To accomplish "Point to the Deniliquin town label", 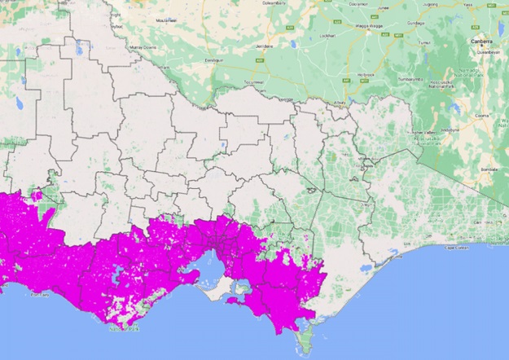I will tap(213, 60).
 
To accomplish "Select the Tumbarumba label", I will tap(408, 80).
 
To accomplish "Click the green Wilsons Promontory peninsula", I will tap(305, 342).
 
